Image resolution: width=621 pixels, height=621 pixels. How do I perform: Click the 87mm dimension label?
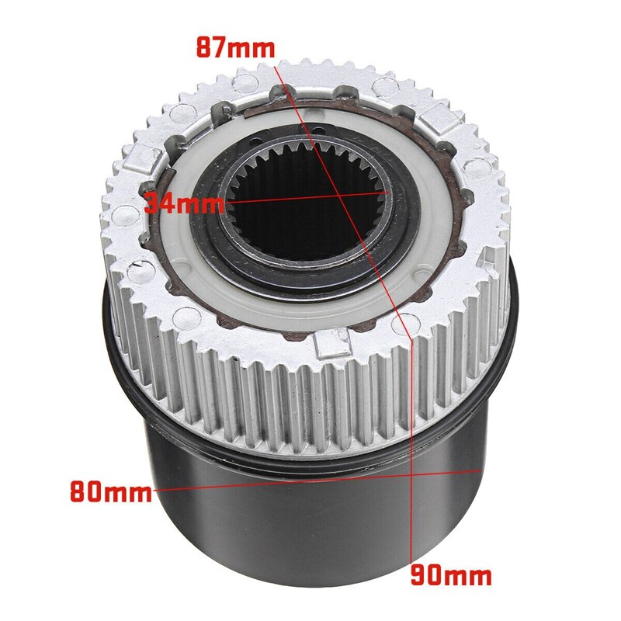[234, 47]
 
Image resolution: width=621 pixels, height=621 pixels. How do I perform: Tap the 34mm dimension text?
[183, 206]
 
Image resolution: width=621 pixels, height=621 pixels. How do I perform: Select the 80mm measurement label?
[110, 491]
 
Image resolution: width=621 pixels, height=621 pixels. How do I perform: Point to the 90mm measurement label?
[451, 575]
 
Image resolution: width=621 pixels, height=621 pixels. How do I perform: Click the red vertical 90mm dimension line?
[409, 404]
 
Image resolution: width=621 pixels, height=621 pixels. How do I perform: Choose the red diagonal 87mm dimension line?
[365, 248]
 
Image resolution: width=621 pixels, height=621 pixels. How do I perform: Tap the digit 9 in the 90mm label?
[418, 575]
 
